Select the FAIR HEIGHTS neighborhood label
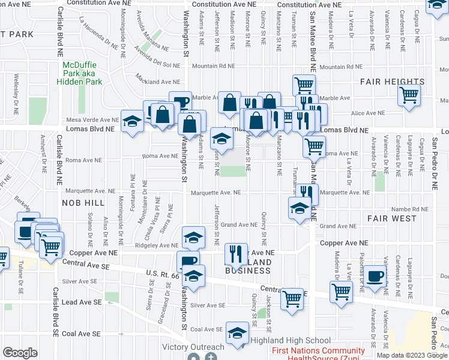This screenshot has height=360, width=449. click(x=392, y=82)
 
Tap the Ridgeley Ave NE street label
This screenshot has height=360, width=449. click(x=158, y=245)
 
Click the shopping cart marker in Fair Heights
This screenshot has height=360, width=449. click(x=409, y=94)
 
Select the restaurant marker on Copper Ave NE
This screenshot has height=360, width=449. click(x=236, y=252)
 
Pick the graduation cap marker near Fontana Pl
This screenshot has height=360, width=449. click(x=132, y=121)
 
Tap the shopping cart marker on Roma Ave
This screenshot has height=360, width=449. click(x=314, y=145)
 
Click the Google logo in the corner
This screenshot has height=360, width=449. click(x=20, y=353)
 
